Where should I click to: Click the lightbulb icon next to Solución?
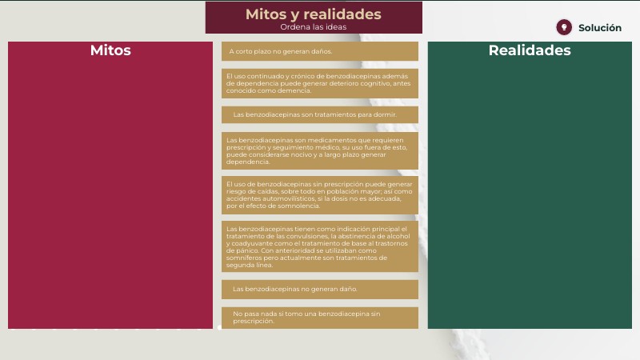564,27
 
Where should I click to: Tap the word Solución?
599,28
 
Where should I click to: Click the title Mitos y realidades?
314,14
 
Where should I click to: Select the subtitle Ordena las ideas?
314,27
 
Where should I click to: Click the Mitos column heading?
110,50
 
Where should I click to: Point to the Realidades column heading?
530,50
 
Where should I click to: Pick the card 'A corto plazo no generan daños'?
320,51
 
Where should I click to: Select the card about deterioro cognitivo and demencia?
320,83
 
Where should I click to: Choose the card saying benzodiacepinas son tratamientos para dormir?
320,114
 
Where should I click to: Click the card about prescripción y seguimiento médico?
320,150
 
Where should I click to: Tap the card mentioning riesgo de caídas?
320,195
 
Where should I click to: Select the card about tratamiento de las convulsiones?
320,246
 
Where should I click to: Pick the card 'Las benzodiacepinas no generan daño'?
320,290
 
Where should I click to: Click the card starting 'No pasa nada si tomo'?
320,318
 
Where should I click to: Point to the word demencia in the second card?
295,90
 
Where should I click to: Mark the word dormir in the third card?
385,114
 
